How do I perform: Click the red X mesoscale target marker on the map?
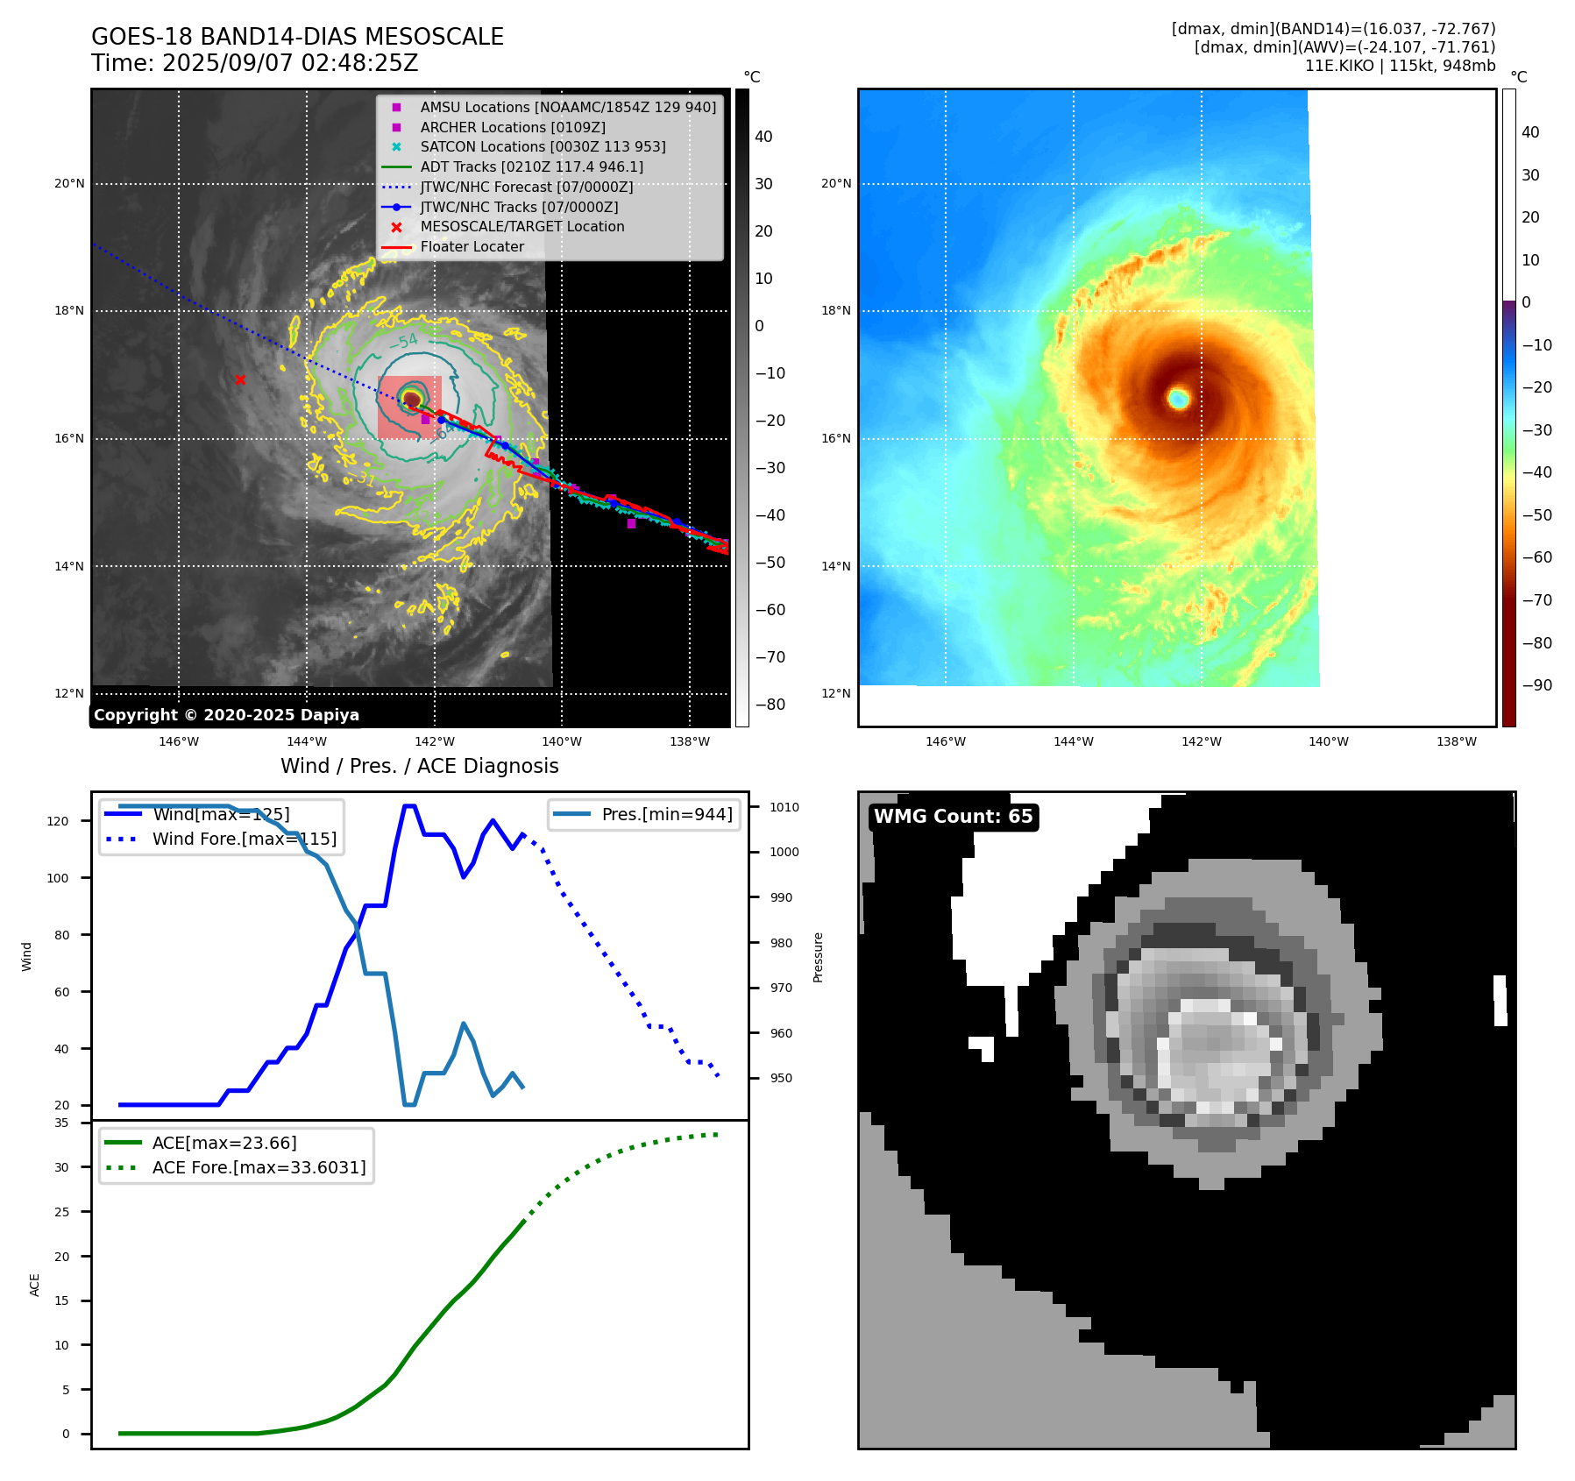(240, 379)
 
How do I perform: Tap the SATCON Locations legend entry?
(543, 146)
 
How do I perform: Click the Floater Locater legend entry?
(472, 246)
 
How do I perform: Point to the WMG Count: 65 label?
(953, 817)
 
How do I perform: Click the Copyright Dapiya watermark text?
(226, 715)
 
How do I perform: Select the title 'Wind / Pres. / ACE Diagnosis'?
(419, 766)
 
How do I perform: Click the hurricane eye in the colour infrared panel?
(1179, 399)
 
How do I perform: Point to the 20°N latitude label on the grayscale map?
(70, 184)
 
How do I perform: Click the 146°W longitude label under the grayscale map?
(179, 741)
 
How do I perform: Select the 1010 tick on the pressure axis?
(784, 807)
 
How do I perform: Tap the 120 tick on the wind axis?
(58, 821)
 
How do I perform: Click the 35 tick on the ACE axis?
(61, 1123)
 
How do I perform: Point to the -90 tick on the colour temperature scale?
(1536, 685)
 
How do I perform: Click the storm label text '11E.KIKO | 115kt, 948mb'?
(1400, 66)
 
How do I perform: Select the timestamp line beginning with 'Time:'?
(254, 64)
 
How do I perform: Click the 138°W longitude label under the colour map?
(1457, 741)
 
